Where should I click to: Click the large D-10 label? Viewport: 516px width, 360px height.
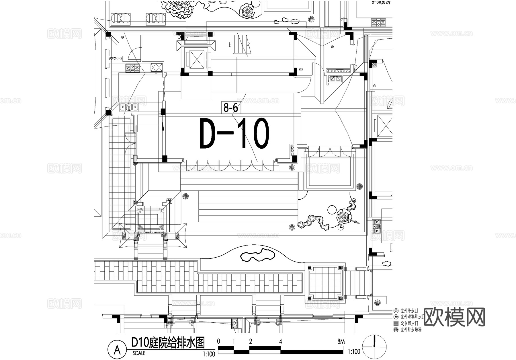pyautogui.click(x=234, y=134)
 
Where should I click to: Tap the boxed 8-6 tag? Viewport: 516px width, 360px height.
pyautogui.click(x=231, y=108)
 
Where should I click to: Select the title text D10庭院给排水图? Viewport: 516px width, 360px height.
pyautogui.click(x=168, y=343)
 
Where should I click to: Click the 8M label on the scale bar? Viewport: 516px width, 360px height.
pyautogui.click(x=341, y=341)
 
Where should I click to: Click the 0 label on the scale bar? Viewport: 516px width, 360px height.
pyautogui.click(x=219, y=341)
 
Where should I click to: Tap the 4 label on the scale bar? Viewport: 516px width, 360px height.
pyautogui.click(x=280, y=341)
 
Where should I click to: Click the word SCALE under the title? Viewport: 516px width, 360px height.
pyautogui.click(x=139, y=353)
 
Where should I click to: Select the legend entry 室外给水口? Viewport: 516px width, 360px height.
pyautogui.click(x=409, y=311)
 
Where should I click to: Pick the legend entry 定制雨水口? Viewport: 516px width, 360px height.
pyautogui.click(x=409, y=323)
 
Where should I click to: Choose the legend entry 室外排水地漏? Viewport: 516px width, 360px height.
pyautogui.click(x=411, y=330)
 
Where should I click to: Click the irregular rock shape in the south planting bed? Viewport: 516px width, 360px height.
pyautogui.click(x=257, y=255)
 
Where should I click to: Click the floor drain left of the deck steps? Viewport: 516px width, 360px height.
pyautogui.click(x=185, y=196)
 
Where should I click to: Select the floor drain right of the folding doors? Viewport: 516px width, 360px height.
pyautogui.click(x=292, y=167)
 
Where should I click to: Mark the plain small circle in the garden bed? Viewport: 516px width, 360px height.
pyautogui.click(x=332, y=209)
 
